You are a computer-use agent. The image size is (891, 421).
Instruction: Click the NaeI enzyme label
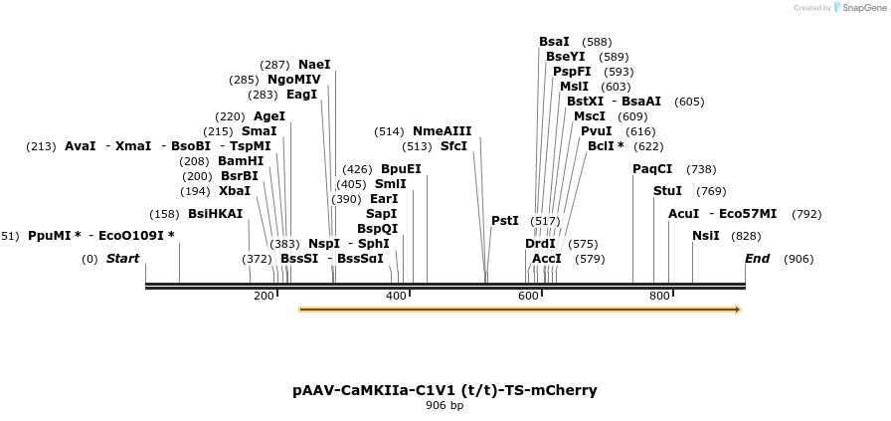[314, 65]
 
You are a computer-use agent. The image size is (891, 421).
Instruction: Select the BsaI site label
[554, 42]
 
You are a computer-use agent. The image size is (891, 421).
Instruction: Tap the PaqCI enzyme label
[652, 169]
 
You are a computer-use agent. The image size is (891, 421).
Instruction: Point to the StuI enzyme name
[667, 191]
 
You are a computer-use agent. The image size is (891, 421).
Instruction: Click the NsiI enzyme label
[706, 236]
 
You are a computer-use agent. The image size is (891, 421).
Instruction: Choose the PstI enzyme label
[505, 221]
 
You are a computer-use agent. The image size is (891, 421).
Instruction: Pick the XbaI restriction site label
[235, 191]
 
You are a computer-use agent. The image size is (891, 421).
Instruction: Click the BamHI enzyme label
[241, 161]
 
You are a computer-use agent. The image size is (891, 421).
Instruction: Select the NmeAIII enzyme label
[442, 131]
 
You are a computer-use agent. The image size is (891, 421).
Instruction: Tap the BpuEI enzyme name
[401, 169]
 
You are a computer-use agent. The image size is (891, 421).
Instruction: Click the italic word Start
[122, 259]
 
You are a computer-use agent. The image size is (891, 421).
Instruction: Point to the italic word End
[758, 259]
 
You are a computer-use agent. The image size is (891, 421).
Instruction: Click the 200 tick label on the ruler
[264, 296]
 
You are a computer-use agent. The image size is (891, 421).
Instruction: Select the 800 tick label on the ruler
[659, 296]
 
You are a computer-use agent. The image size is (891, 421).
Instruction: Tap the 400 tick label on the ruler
[396, 296]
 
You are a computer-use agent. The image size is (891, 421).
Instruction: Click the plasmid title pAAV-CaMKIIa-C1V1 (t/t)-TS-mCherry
[445, 390]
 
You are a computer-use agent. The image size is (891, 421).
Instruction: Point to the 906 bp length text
[445, 406]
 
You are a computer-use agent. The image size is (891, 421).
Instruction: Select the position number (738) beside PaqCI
[701, 169]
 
